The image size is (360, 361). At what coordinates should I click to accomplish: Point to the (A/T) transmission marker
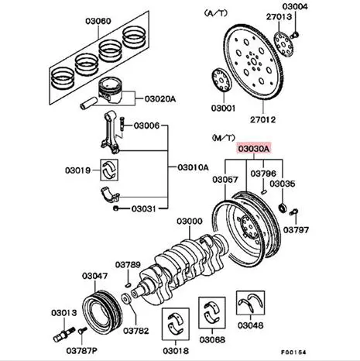213,14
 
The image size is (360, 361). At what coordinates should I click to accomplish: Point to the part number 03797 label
293,230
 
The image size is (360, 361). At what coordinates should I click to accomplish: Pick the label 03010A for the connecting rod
192,166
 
